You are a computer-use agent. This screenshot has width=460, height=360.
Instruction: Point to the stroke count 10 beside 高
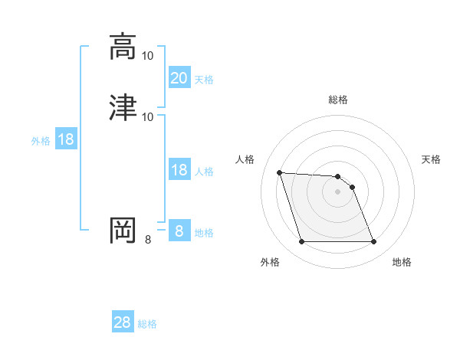[x=148, y=56]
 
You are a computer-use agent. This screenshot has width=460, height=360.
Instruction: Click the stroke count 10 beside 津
[x=148, y=116]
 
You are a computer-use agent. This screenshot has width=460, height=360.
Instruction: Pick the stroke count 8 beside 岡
[x=148, y=240]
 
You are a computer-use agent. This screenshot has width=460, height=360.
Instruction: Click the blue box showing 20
[x=179, y=77]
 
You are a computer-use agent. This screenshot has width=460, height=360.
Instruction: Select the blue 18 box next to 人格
[x=179, y=170]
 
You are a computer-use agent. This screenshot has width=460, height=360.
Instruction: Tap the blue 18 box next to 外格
[x=65, y=139]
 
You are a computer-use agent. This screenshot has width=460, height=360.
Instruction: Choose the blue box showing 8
[x=179, y=231]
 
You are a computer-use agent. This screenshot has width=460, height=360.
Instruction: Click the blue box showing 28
[x=123, y=322]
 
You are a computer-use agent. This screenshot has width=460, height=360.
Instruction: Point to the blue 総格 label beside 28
[x=147, y=324]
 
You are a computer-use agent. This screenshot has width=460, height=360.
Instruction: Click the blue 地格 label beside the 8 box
[x=204, y=233]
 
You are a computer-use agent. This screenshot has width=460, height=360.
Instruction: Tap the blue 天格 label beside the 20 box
[x=204, y=79]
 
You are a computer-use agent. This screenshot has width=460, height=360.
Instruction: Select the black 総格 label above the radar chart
[x=338, y=100]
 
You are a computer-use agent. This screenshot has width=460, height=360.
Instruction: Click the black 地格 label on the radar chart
[x=402, y=262]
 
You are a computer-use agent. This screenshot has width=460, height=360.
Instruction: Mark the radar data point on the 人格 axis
[x=280, y=172]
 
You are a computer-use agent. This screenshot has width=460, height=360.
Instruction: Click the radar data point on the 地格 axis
[x=373, y=242]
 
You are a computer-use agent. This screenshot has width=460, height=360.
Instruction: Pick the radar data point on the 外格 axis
[x=301, y=242]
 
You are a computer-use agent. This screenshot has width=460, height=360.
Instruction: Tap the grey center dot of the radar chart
[x=337, y=191]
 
